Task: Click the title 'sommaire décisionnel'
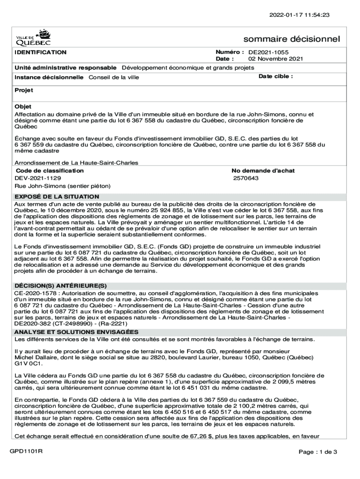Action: [292, 39]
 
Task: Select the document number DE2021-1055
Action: [268, 52]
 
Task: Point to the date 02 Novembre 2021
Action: [275, 59]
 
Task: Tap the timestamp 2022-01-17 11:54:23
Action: [299, 15]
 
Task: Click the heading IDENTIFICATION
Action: [40, 52]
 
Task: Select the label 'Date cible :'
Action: [276, 76]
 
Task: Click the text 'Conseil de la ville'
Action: [114, 77]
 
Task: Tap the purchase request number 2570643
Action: [246, 178]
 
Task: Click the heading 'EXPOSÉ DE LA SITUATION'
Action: [57, 197]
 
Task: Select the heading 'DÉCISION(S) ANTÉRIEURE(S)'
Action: [61, 286]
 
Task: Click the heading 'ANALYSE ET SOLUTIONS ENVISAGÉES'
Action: [76, 332]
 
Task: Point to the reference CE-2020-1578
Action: [36, 293]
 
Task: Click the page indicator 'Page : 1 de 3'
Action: [318, 452]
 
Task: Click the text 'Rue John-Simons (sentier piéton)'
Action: [62, 186]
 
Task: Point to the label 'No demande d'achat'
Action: [263, 171]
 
